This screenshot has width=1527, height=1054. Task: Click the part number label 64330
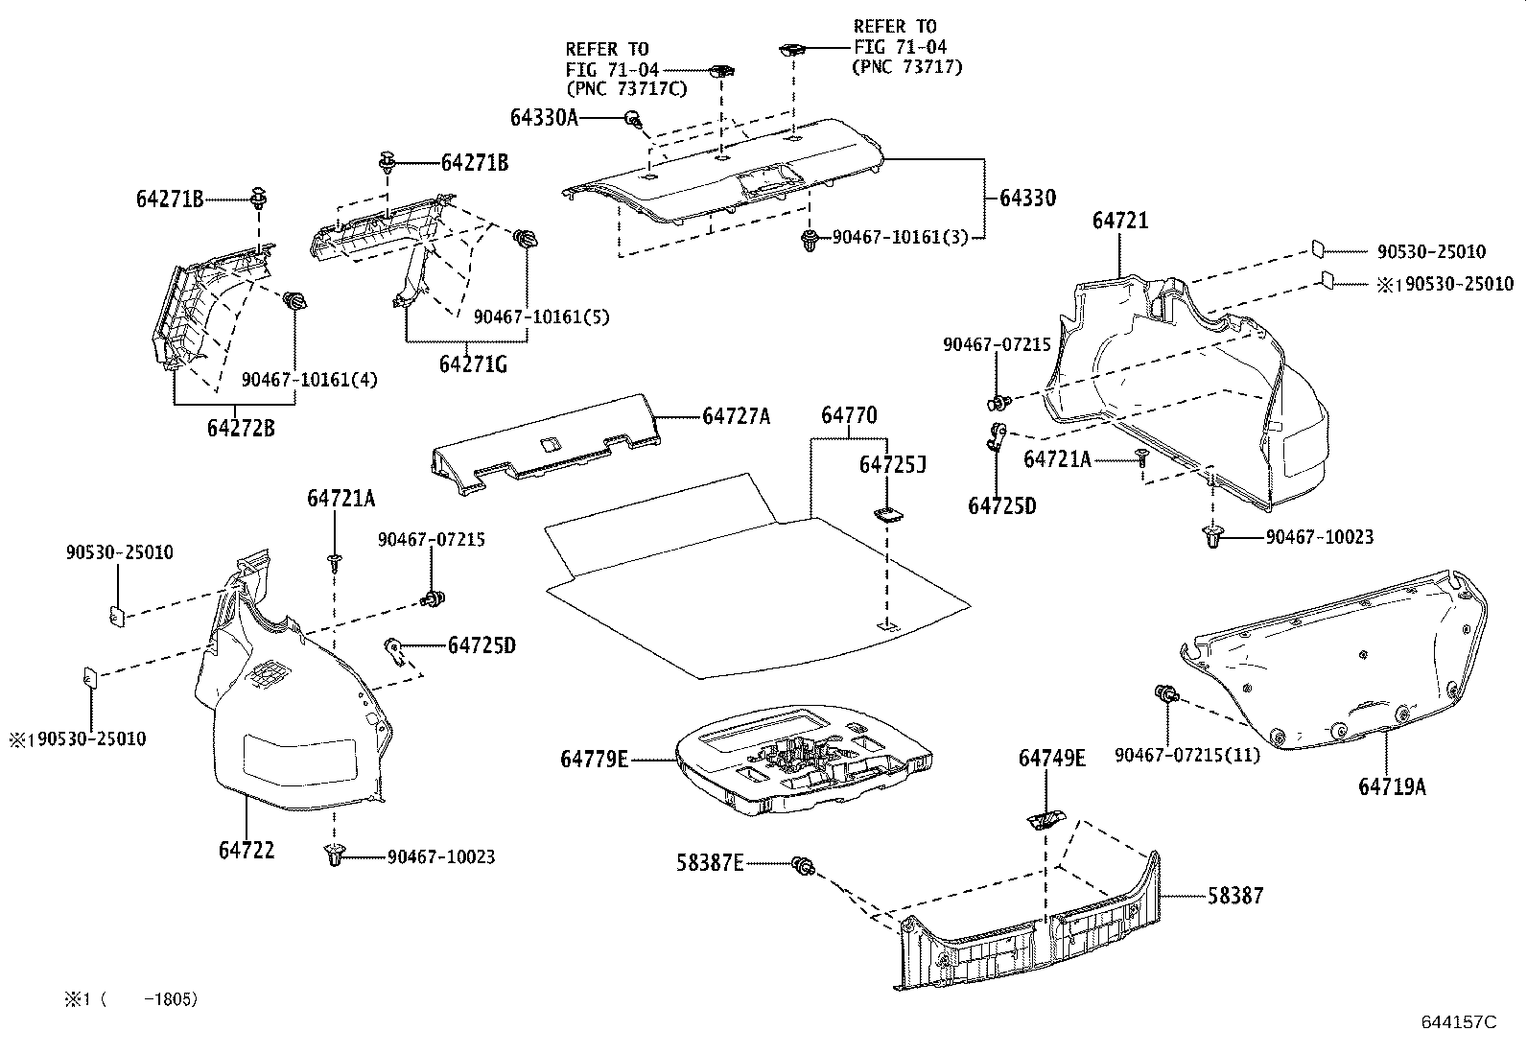point(1027,199)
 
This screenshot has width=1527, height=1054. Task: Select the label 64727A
point(736,416)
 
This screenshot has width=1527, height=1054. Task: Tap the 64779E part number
point(595,760)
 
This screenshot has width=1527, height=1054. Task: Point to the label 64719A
point(1392,786)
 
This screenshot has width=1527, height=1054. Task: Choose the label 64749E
point(1052,759)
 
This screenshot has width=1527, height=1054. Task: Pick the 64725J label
point(892,465)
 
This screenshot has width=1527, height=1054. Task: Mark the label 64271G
point(473,364)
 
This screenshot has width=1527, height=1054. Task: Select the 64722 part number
point(247,850)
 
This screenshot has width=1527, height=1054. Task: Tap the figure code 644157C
point(1458,1022)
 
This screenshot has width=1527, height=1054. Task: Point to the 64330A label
point(544,117)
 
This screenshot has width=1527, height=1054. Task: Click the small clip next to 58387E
point(804,867)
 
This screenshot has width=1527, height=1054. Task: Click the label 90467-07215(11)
point(1187,755)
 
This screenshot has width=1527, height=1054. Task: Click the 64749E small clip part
point(1043,819)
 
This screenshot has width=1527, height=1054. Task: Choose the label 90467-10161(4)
point(309,380)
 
